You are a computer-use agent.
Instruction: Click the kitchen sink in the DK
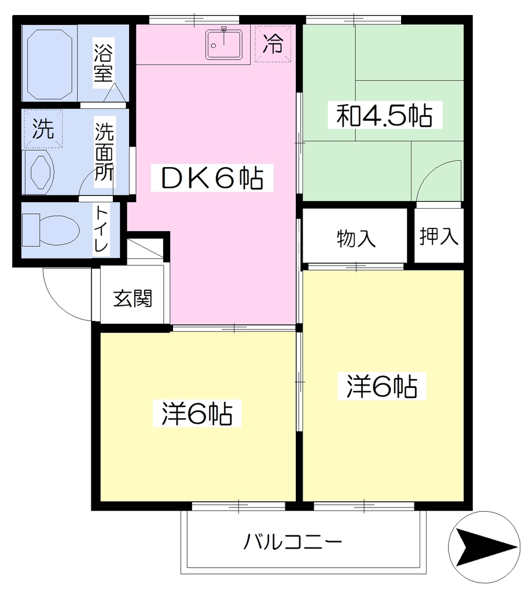pyautogui.click(x=224, y=45)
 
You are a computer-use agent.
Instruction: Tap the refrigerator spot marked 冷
pyautogui.click(x=273, y=44)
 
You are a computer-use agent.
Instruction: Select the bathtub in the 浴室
pyautogui.click(x=50, y=63)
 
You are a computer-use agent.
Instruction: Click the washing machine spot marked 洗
pyautogui.click(x=43, y=129)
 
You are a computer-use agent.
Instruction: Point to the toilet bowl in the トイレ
pyautogui.click(x=50, y=230)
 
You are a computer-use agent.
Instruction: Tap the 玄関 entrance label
pyautogui.click(x=133, y=298)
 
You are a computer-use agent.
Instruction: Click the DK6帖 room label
pyautogui.click(x=212, y=178)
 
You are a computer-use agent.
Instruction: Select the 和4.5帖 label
pyautogui.click(x=385, y=115)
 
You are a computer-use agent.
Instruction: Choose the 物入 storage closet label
pyautogui.click(x=356, y=239)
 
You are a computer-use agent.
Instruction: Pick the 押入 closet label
pyautogui.click(x=439, y=236)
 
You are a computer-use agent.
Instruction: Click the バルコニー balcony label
pyautogui.click(x=292, y=542)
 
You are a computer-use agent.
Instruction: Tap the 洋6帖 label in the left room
pyautogui.click(x=197, y=414)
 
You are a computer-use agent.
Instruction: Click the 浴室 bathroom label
pyautogui.click(x=103, y=63)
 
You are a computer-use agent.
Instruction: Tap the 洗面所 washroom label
pyautogui.click(x=104, y=152)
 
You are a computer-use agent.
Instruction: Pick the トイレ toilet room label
pyautogui.click(x=101, y=229)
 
